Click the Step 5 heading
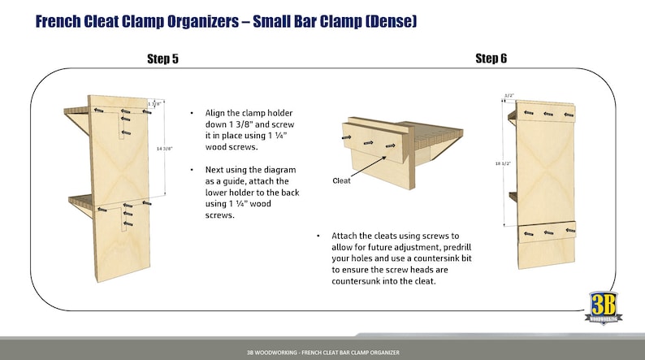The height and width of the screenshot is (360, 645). pyautogui.click(x=162, y=59)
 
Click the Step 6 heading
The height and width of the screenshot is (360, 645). pyautogui.click(x=491, y=59)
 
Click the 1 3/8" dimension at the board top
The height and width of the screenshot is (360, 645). pyautogui.click(x=154, y=103)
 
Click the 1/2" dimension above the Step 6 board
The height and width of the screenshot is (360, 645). pyautogui.click(x=509, y=96)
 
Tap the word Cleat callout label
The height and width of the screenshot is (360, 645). pyautogui.click(x=341, y=180)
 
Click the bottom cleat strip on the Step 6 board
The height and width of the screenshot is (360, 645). pyautogui.click(x=546, y=232)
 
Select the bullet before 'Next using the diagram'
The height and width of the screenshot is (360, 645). pyautogui.click(x=191, y=169)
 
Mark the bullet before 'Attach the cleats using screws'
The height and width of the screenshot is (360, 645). pyautogui.click(x=318, y=235)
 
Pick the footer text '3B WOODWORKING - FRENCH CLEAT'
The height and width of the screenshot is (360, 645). pyautogui.click(x=322, y=353)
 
